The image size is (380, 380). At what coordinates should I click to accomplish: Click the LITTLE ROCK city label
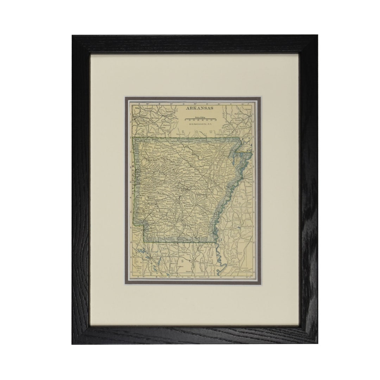tap(178, 190)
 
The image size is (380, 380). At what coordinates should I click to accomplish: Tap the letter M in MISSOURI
tap(144, 131)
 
